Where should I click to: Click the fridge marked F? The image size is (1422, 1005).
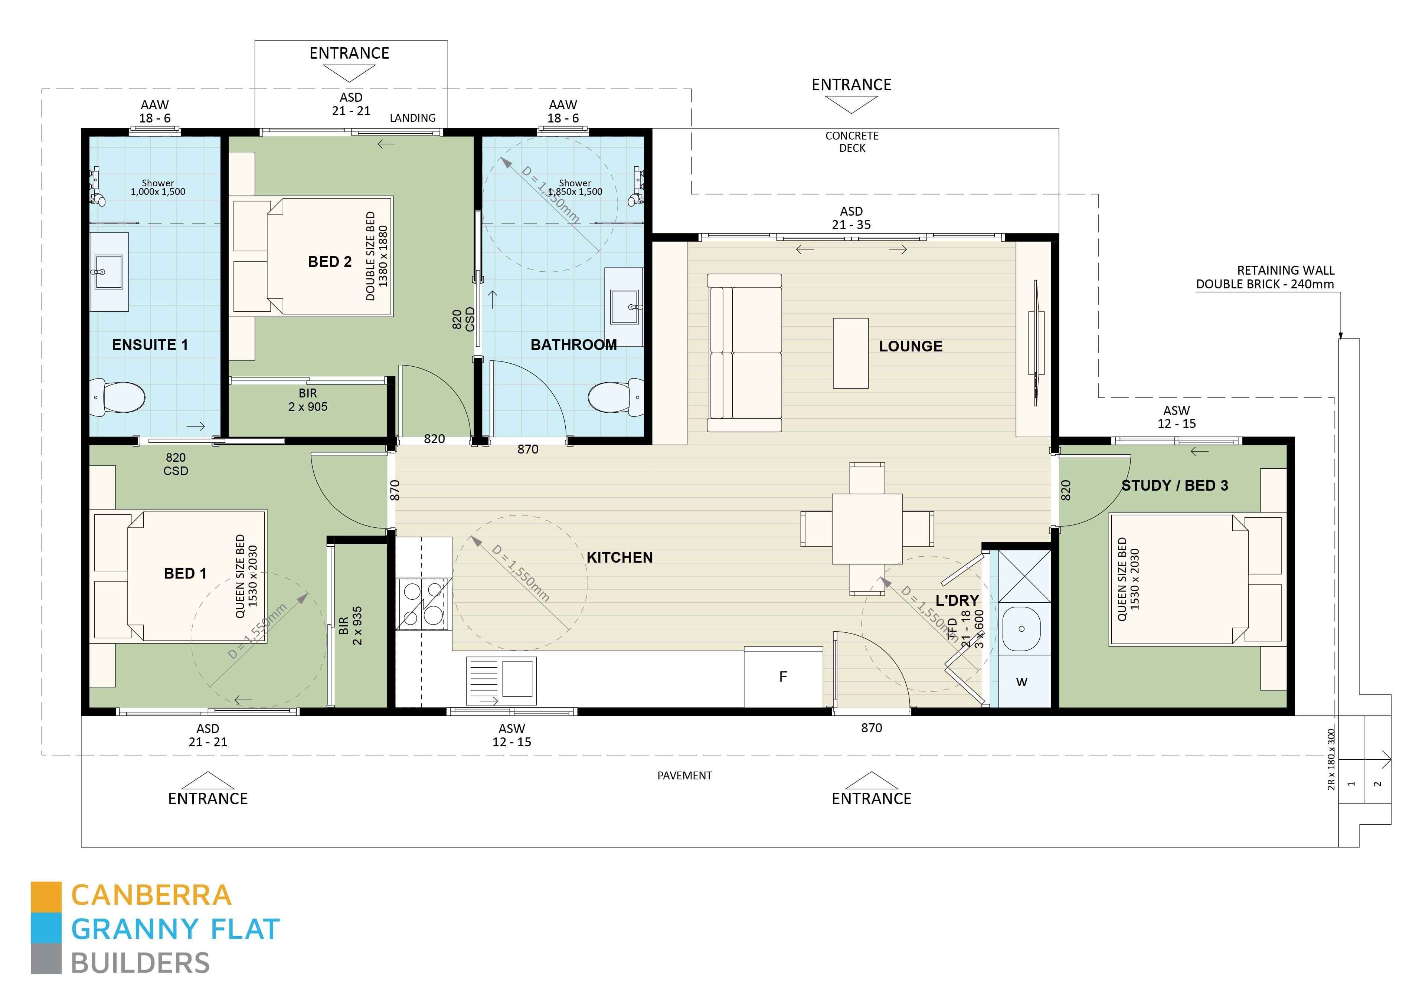click(783, 677)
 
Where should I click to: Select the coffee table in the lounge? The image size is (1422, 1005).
click(850, 353)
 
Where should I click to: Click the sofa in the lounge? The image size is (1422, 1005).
click(745, 353)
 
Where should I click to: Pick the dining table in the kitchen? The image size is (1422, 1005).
click(866, 528)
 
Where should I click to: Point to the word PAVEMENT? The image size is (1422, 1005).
click(684, 775)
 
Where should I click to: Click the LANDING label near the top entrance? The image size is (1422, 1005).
click(412, 118)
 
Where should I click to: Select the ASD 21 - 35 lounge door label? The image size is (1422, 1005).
click(851, 218)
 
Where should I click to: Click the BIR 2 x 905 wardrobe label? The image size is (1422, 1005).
click(308, 400)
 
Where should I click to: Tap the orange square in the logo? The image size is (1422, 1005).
click(46, 896)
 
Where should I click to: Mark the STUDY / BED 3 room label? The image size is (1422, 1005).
click(1174, 485)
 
